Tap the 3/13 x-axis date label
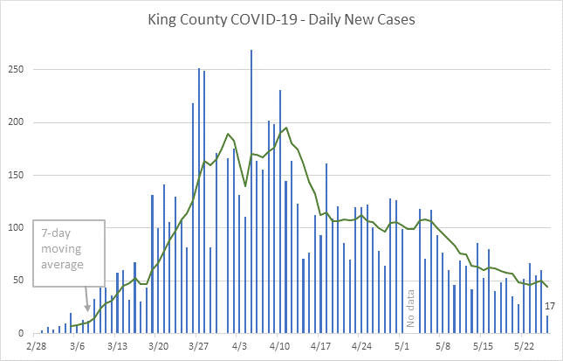(117, 347)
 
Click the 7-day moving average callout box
(69, 253)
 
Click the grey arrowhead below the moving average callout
(87, 307)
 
